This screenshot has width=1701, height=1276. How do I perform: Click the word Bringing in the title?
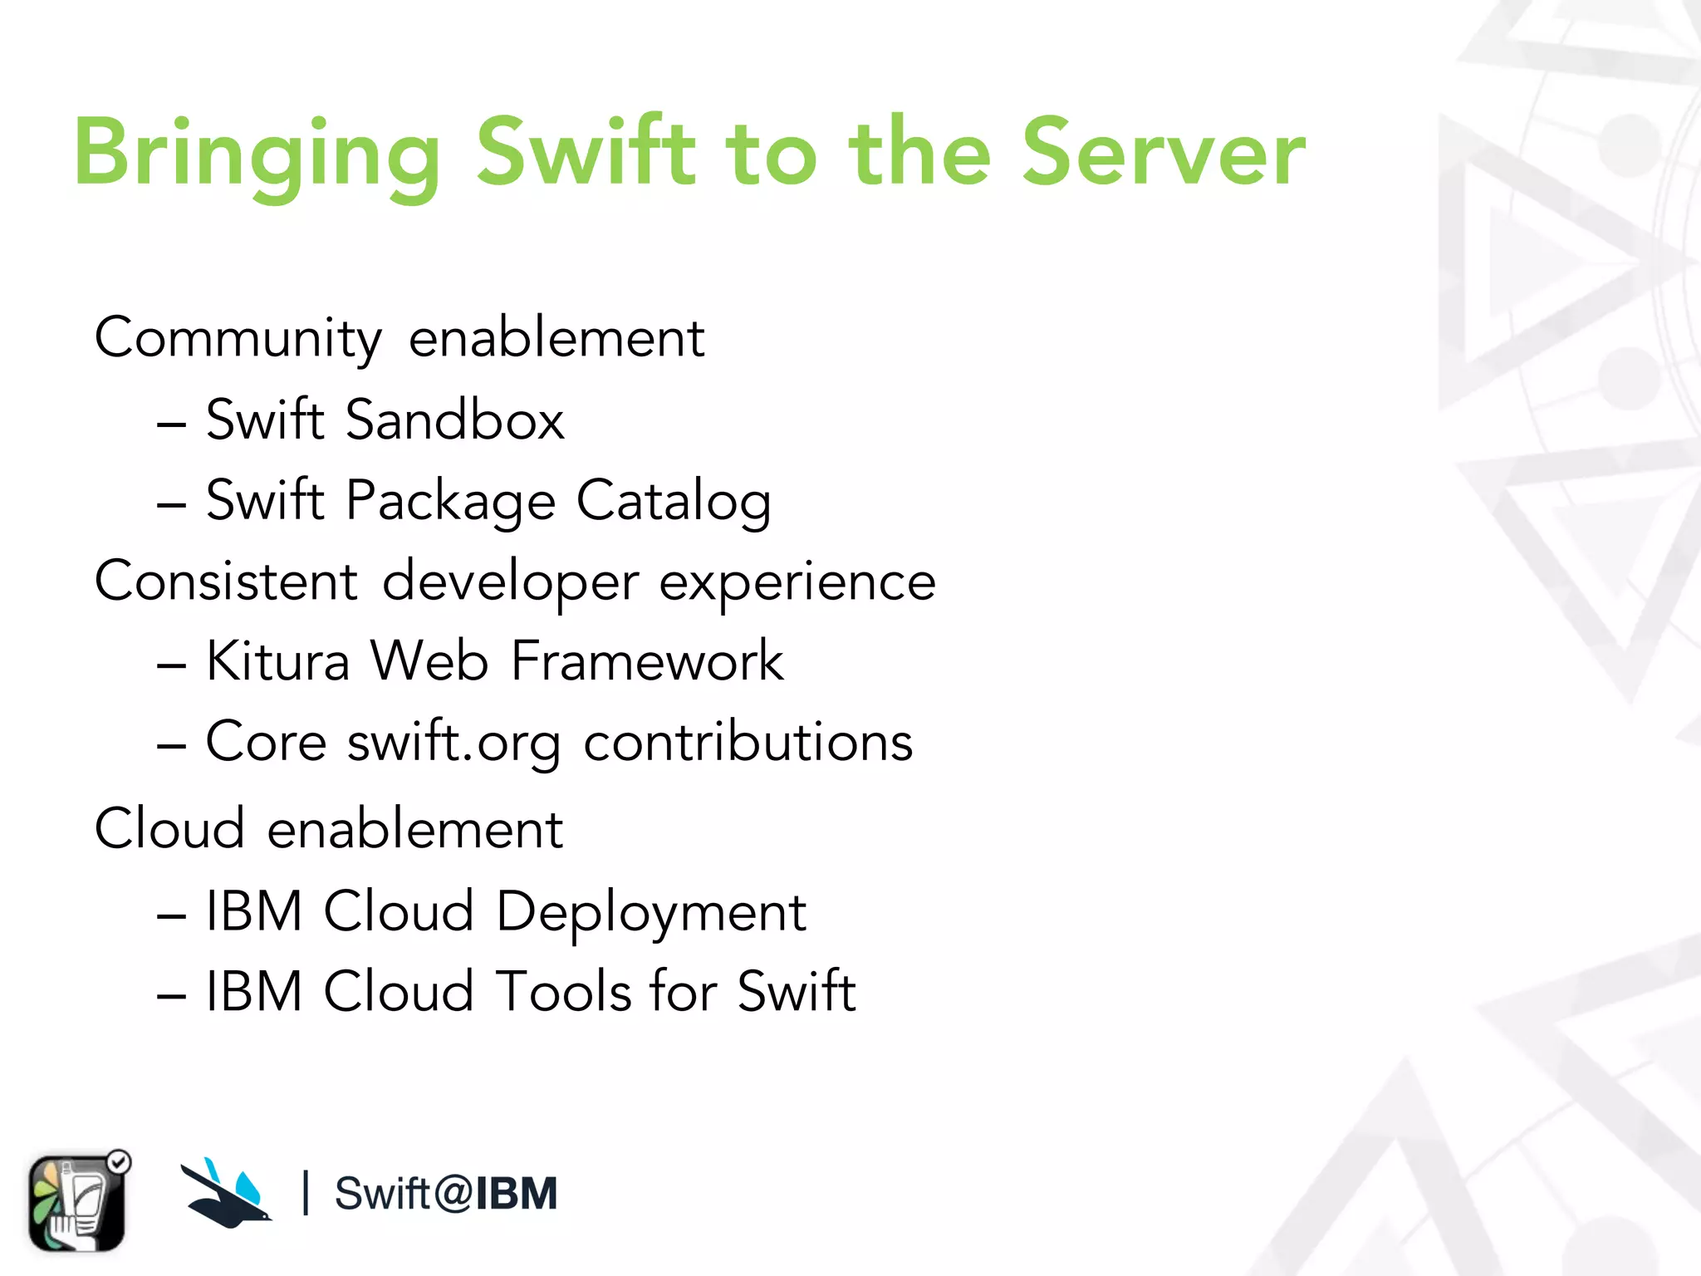[257, 155]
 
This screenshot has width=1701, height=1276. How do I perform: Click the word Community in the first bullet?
[238, 338]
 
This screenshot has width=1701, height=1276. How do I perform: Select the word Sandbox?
[454, 420]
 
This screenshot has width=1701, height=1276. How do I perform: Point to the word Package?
[450, 501]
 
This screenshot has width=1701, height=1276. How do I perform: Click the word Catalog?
[674, 501]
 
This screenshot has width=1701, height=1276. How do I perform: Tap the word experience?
[797, 582]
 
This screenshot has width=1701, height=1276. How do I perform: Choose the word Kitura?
[277, 661]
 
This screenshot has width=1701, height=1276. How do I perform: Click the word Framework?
[647, 661]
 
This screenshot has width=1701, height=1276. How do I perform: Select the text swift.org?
[453, 741]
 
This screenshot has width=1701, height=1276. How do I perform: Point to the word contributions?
[748, 741]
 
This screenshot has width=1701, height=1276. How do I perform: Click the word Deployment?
[650, 912]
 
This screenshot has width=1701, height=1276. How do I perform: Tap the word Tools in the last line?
[564, 991]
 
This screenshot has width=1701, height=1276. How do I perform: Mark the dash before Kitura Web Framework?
[171, 665]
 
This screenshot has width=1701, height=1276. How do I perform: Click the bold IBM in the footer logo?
[516, 1194]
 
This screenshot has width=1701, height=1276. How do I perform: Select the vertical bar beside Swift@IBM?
[306, 1193]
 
